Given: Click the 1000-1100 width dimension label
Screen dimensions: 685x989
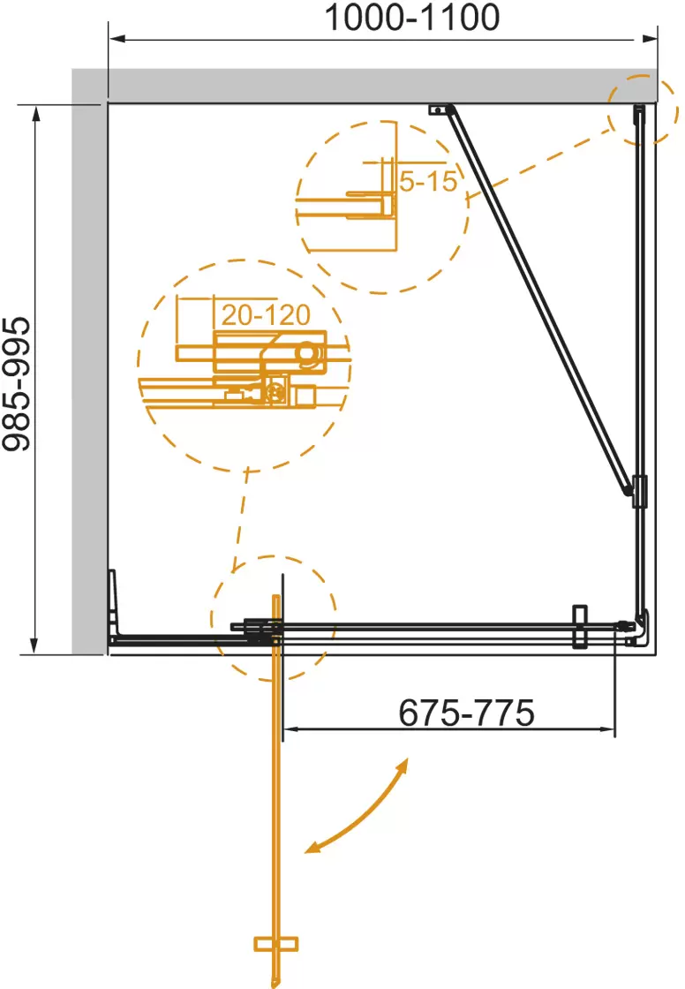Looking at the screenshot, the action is [x=412, y=18].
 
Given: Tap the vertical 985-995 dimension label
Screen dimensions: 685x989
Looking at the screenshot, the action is [x=17, y=384].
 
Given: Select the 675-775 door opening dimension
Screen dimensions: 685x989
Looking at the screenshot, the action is [x=466, y=713].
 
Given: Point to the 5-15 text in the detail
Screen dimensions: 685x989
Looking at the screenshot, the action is [x=428, y=182].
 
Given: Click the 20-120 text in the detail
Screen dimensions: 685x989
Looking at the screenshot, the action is [x=266, y=314].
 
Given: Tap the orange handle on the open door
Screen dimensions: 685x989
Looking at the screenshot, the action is [x=275, y=944].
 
